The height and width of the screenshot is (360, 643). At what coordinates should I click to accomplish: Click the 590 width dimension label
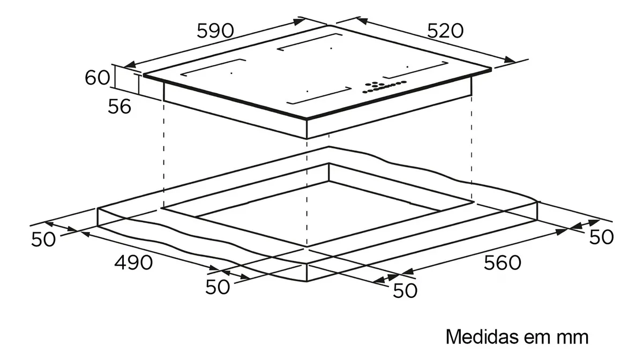(x=215, y=31)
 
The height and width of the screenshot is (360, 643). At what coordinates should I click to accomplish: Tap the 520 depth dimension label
(x=445, y=31)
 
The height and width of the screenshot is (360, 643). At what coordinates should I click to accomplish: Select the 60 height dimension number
(x=98, y=78)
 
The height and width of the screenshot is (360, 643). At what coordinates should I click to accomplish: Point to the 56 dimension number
(x=119, y=106)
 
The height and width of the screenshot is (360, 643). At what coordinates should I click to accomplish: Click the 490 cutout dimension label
(x=133, y=262)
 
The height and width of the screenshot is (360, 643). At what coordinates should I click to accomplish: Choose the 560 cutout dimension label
(x=502, y=262)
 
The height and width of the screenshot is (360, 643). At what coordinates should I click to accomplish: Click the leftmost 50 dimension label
(x=43, y=239)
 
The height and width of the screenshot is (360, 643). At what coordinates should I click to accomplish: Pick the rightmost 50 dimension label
(x=601, y=237)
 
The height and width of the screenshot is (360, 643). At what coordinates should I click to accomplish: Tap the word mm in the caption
(x=573, y=339)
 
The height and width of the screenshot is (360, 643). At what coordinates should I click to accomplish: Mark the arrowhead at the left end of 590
(x=130, y=65)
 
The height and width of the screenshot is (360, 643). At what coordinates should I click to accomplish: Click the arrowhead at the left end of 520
(x=362, y=21)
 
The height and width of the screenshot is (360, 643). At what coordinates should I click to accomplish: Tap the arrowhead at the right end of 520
(x=510, y=59)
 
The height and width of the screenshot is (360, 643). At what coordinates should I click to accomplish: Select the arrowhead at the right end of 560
(x=561, y=231)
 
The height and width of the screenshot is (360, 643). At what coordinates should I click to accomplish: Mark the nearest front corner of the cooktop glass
(x=306, y=118)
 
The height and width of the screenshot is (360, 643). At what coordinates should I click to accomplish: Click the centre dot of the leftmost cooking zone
(x=231, y=73)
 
